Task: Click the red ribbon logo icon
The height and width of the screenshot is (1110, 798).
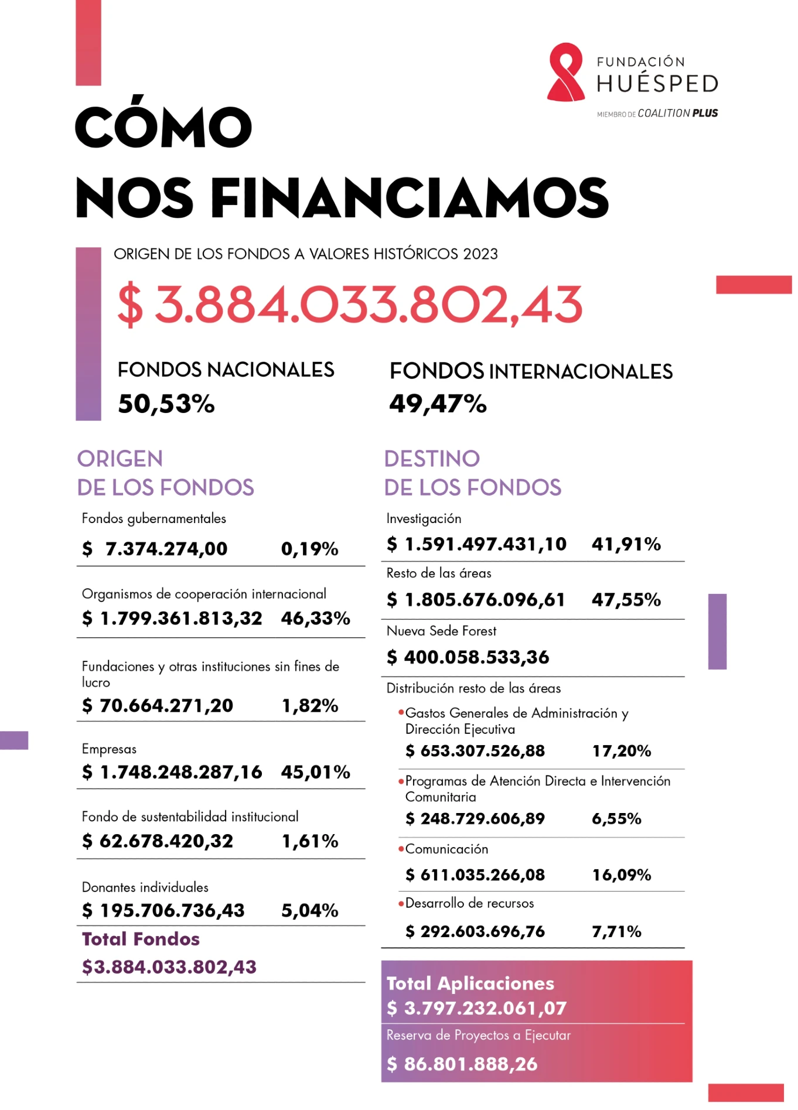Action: coord(565,72)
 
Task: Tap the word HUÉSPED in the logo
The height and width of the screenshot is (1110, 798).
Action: coord(657,84)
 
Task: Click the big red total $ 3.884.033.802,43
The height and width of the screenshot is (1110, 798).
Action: coord(350,305)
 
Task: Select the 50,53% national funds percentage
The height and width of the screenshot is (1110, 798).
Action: coord(166,404)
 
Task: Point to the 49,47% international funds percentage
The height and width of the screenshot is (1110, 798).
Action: coord(438,404)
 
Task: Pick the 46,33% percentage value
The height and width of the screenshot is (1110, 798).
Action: coord(315,618)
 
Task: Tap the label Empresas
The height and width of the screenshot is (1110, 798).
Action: coord(109,749)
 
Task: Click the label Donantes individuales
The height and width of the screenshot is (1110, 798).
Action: coord(145,887)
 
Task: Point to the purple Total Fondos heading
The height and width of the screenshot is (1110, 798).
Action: coord(141,939)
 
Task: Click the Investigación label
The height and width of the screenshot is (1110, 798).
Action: coord(424,518)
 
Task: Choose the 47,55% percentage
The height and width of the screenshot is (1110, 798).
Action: coord(626,599)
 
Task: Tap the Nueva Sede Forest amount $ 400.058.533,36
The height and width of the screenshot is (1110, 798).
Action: coord(468,657)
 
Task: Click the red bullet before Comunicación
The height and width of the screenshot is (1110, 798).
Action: coord(401,849)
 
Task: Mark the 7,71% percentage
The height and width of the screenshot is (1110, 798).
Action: coord(616,931)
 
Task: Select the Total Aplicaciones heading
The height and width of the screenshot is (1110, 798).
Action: coord(470,983)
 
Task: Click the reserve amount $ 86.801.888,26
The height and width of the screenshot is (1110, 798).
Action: coord(462,1064)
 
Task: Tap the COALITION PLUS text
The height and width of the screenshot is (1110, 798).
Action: coord(677,113)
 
